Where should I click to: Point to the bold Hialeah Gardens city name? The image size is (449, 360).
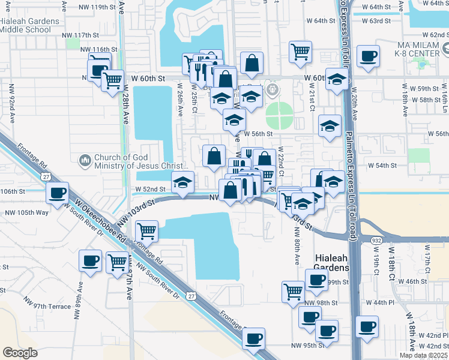pos(332,262)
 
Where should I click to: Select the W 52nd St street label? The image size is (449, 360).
pos(149,189)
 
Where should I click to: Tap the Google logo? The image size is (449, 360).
pos(20,352)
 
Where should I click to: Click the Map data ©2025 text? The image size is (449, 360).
pos(423,355)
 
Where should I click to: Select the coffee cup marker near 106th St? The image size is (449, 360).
pos(58,193)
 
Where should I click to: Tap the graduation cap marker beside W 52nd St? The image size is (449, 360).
pos(182,182)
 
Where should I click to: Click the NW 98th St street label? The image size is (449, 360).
pos(319,303)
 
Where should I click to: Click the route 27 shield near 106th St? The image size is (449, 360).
pos(46,176)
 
